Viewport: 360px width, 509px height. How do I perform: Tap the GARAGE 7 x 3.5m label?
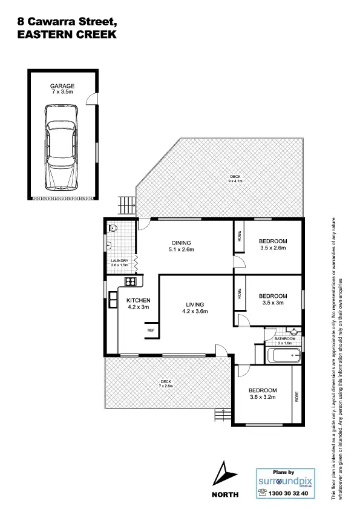click(62, 90)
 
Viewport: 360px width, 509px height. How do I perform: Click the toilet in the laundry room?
click(113, 229)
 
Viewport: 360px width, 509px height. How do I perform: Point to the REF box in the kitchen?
click(151, 330)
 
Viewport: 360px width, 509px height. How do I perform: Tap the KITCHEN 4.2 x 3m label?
click(138, 304)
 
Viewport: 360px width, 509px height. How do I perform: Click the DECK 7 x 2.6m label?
click(165, 384)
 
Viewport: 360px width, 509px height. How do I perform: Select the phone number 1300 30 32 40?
click(288, 494)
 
